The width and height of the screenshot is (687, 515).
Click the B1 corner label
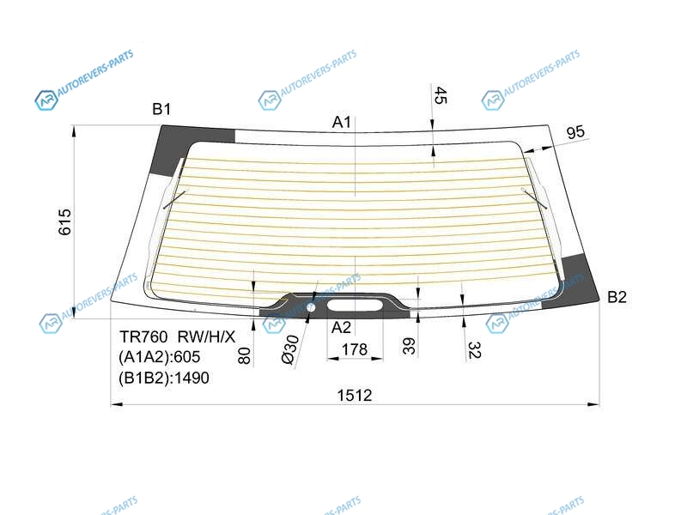coord(161,109)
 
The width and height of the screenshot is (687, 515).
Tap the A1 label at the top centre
coord(341,122)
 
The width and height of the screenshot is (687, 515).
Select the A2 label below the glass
coord(341,327)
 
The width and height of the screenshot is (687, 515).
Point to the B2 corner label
coord(617,297)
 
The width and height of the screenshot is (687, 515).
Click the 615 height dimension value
coord(65,222)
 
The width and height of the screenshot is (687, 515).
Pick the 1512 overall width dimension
coord(355,396)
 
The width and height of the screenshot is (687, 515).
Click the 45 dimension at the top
coord(441,95)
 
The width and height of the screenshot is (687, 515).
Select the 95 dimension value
coord(575,132)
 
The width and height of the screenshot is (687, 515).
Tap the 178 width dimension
coord(355,349)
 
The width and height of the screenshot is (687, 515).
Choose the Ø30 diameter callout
coord(290,350)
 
